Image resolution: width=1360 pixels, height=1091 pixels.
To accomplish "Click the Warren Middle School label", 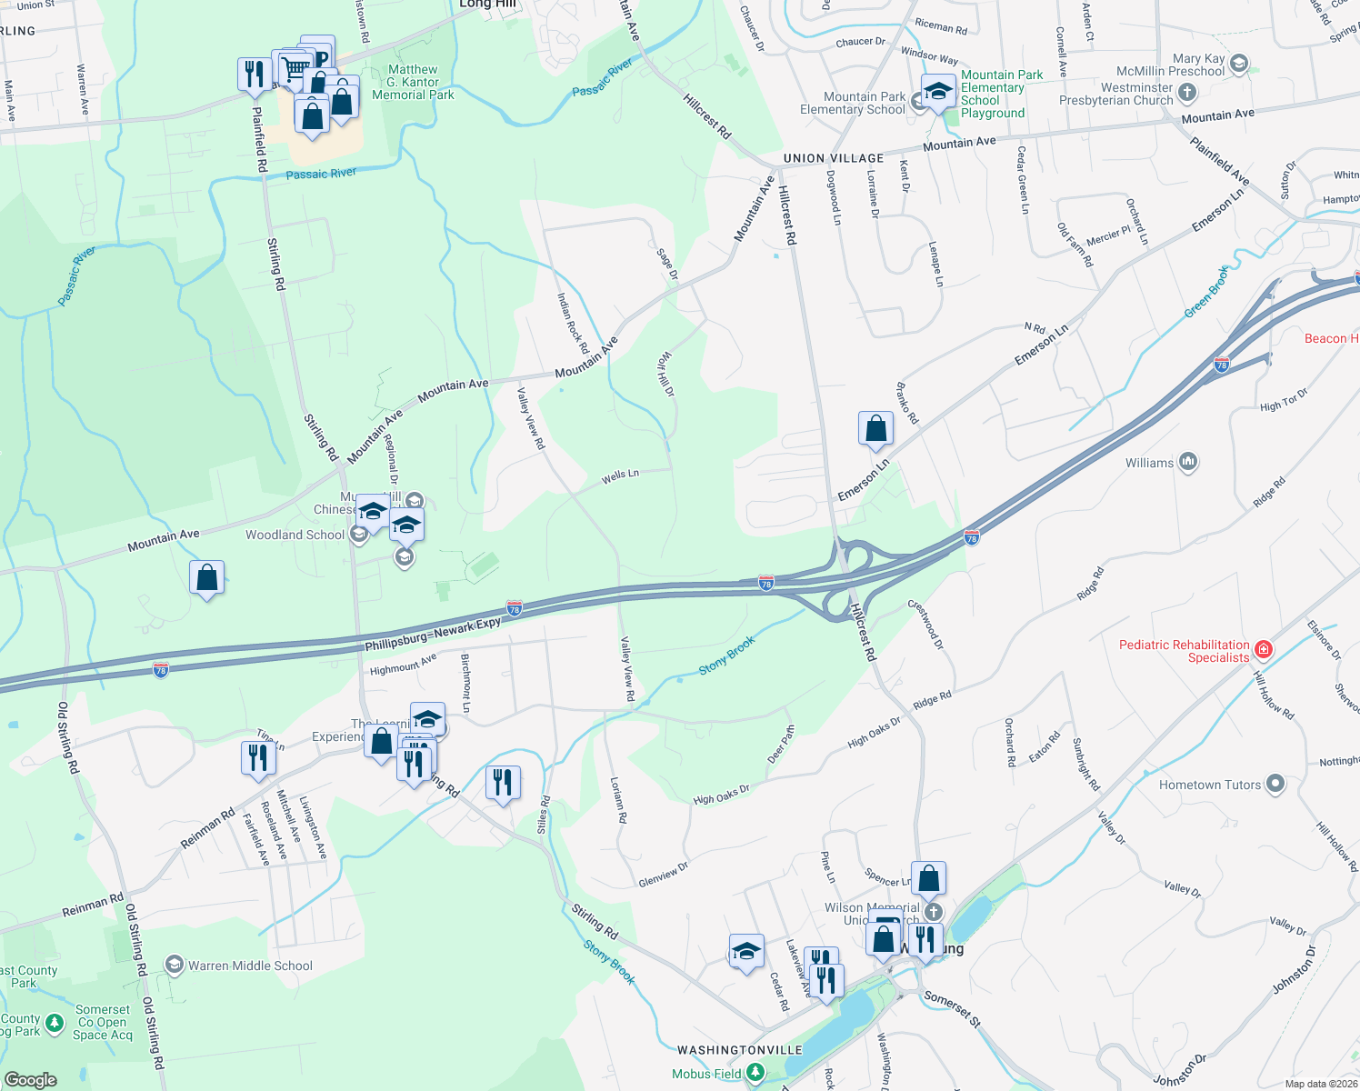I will (x=250, y=966).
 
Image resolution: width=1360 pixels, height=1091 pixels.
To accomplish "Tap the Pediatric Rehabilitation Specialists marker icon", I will (x=1263, y=650).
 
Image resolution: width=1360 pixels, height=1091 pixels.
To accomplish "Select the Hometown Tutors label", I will (x=1209, y=785).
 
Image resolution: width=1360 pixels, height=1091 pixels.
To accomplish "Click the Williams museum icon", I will (x=1188, y=462).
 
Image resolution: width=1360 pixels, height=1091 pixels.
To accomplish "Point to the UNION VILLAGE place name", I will (x=833, y=158).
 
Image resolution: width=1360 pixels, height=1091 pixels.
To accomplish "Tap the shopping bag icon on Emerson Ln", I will (x=875, y=428).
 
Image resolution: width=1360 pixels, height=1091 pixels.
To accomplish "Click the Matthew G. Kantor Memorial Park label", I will (x=413, y=82).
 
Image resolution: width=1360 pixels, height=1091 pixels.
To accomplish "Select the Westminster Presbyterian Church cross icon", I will (x=1186, y=93).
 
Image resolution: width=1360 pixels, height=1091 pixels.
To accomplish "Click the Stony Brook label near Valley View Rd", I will (x=726, y=656).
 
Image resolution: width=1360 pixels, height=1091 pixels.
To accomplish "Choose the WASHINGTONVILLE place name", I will (x=740, y=1050).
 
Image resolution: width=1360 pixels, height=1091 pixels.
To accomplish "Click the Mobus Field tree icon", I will (x=755, y=1074).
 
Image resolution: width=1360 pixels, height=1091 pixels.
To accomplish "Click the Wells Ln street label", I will (x=620, y=475).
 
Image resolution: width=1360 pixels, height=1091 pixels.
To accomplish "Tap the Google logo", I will (x=31, y=1079).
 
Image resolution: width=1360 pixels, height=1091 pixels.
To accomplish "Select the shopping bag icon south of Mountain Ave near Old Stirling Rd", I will (x=206, y=577).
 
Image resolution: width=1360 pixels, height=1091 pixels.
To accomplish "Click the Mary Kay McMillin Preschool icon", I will (x=1238, y=65).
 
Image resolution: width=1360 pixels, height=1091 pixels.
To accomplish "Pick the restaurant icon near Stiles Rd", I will (x=503, y=782).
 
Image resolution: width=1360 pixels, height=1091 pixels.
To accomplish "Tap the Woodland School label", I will (x=295, y=535).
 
